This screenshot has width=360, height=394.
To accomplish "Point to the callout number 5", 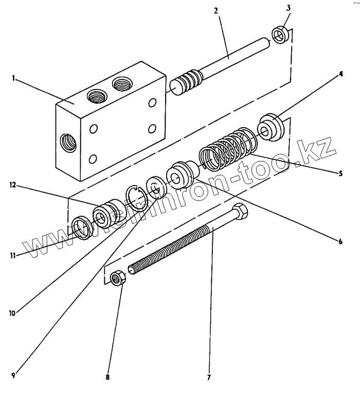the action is click(340, 174).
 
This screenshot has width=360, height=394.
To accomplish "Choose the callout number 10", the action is click(13, 312).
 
